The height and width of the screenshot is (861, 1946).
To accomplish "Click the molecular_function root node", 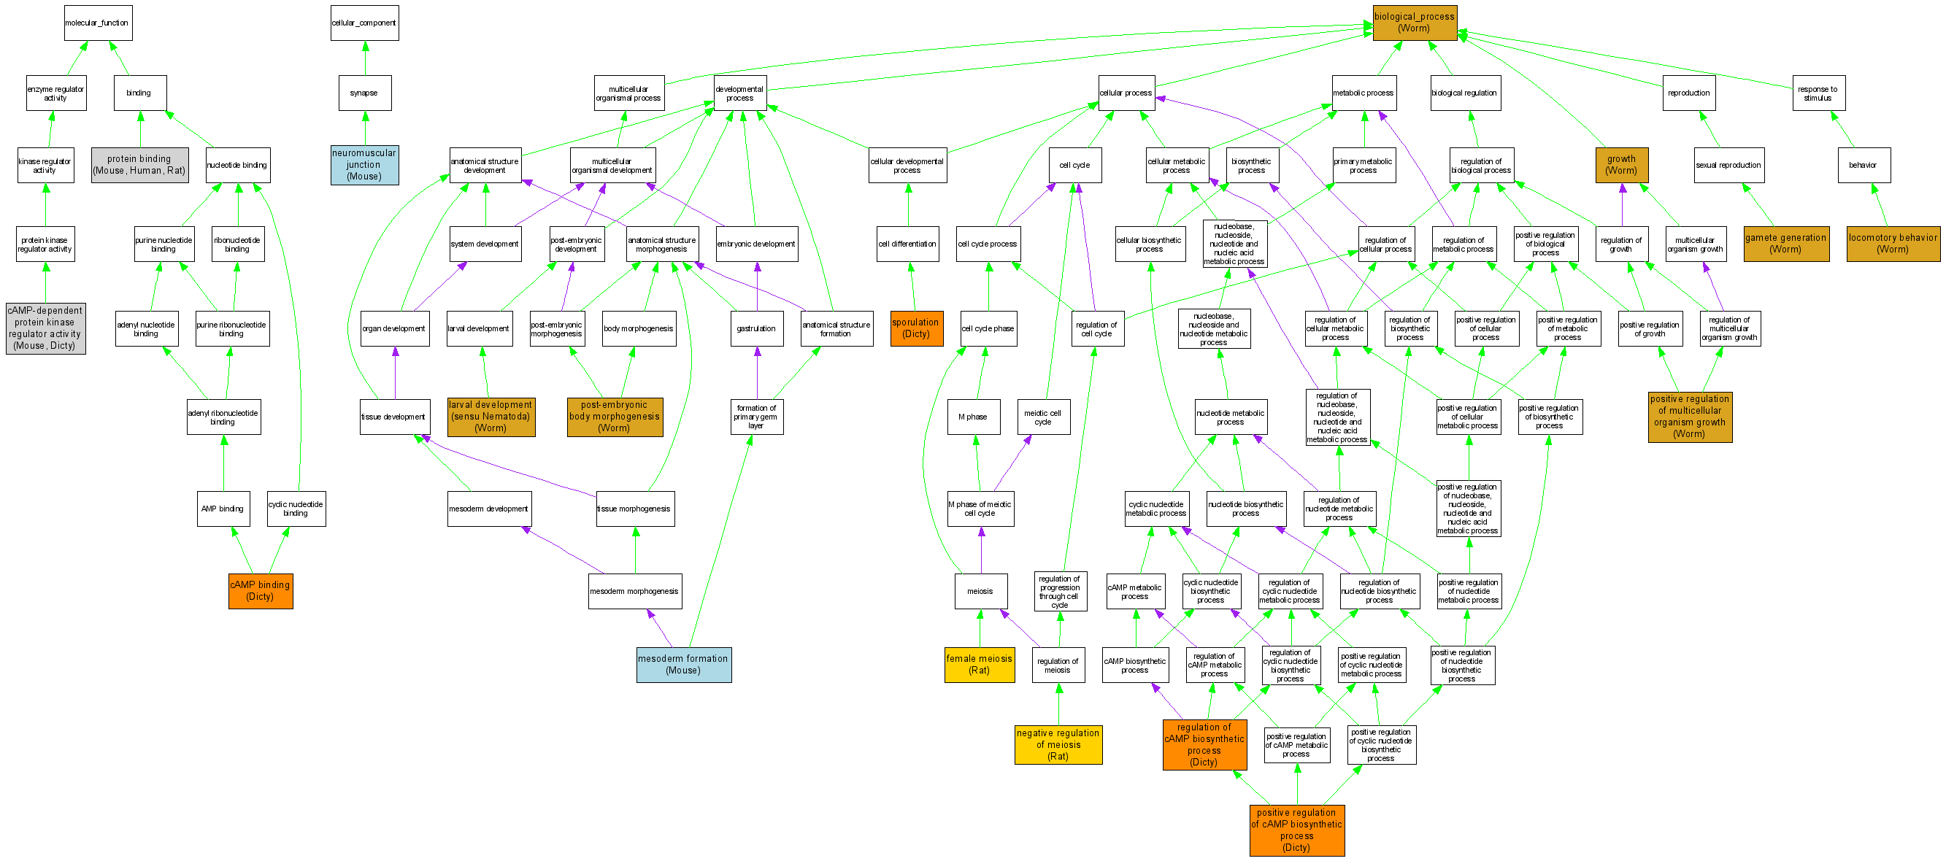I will pos(99,23).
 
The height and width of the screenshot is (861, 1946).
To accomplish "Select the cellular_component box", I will pos(364,23).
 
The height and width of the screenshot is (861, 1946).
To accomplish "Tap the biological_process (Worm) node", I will pos(1414,23).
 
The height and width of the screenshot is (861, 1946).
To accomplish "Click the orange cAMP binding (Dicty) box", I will pos(261,590).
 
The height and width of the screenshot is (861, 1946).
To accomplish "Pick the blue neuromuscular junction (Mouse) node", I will pos(364,165).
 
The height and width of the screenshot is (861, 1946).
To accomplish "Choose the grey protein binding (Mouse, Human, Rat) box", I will pos(139,165).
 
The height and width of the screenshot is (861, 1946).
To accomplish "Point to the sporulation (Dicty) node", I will pos(916,328).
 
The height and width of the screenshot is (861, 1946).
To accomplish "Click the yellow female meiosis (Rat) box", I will pos(979,665).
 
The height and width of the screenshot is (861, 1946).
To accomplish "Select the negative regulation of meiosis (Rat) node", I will pos(1058,745).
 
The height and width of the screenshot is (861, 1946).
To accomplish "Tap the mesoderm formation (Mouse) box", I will pos(684,665).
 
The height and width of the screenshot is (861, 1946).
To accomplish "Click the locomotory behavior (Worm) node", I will pos(1893,243).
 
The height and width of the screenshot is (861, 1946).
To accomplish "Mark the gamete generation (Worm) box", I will pos(1786,243).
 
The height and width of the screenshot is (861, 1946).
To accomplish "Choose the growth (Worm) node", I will pos(1622,165).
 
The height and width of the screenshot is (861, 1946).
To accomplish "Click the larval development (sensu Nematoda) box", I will pos(491,417).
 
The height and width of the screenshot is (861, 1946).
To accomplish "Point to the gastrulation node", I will pos(757,328).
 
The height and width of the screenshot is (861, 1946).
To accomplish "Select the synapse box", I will pos(364,93).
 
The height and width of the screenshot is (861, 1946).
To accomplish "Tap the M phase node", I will pos(973,417).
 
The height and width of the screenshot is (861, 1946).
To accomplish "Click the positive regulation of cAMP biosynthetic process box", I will pos(1297,830).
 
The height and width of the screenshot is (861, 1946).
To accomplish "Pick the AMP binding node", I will pos(223,509).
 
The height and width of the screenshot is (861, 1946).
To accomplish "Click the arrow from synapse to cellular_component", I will pos(365,58).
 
